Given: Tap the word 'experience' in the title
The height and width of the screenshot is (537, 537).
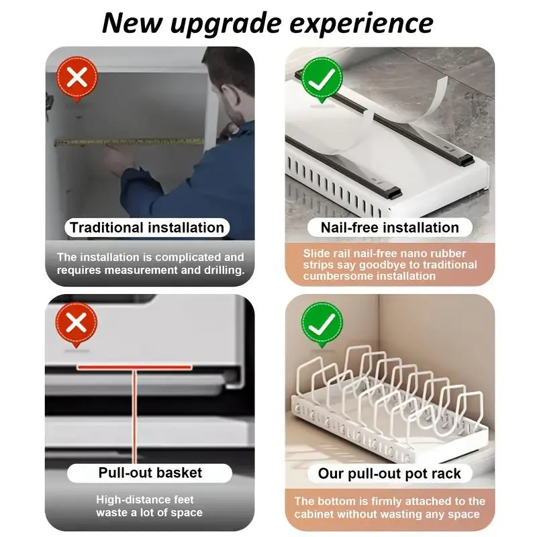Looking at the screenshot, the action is tap(361, 24).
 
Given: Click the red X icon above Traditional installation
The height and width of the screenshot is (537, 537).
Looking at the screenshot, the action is tap(77, 79).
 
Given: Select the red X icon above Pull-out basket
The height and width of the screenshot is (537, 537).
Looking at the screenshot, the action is tap(77, 324).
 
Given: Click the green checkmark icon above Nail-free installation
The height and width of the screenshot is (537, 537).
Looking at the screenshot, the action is tap(322, 79).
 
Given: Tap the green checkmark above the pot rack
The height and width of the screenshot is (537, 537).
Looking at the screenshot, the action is tap(322, 324).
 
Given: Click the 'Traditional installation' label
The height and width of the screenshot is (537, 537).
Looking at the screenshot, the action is tap(147, 228).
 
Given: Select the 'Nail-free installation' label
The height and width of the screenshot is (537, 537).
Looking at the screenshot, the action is tap(390, 228).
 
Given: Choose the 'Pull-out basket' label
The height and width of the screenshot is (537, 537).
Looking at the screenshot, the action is tap(150, 473).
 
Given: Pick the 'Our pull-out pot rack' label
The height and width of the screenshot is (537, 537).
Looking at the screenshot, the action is tap(389, 474).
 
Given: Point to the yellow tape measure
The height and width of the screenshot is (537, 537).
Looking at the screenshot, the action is tap(129, 142).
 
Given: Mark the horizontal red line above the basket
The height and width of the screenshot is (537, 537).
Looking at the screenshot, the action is tap(134, 367).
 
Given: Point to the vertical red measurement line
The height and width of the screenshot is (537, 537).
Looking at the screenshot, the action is tap(134, 416).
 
